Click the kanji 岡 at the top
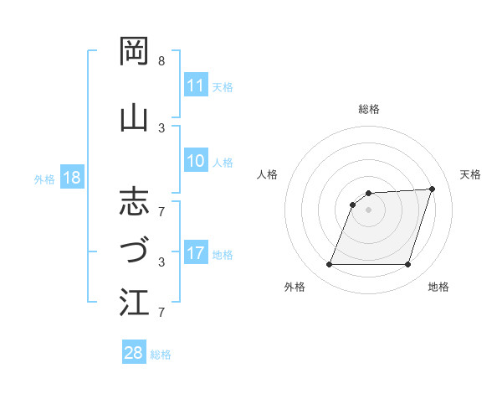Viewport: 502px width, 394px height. pyautogui.click(x=135, y=52)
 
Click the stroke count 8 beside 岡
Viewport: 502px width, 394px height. pyautogui.click(x=161, y=62)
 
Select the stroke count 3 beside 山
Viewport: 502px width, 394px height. pyautogui.click(x=161, y=127)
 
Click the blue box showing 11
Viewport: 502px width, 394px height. pyautogui.click(x=195, y=86)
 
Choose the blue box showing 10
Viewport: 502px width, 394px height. pyautogui.click(x=195, y=162)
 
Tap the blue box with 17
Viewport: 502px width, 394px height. pyautogui.click(x=195, y=254)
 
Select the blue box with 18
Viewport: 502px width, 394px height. pyautogui.click(x=72, y=179)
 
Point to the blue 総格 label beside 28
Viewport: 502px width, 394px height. pyautogui.click(x=161, y=355)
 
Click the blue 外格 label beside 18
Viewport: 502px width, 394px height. pyautogui.click(x=44, y=179)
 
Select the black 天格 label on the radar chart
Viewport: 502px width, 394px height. pyautogui.click(x=470, y=174)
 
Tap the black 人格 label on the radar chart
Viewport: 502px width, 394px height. pyautogui.click(x=267, y=174)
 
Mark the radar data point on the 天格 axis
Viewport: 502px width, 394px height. pyautogui.click(x=432, y=189)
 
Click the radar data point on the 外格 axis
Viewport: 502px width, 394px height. pyautogui.click(x=329, y=265)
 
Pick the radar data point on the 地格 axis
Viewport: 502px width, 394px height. pyautogui.click(x=407, y=265)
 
